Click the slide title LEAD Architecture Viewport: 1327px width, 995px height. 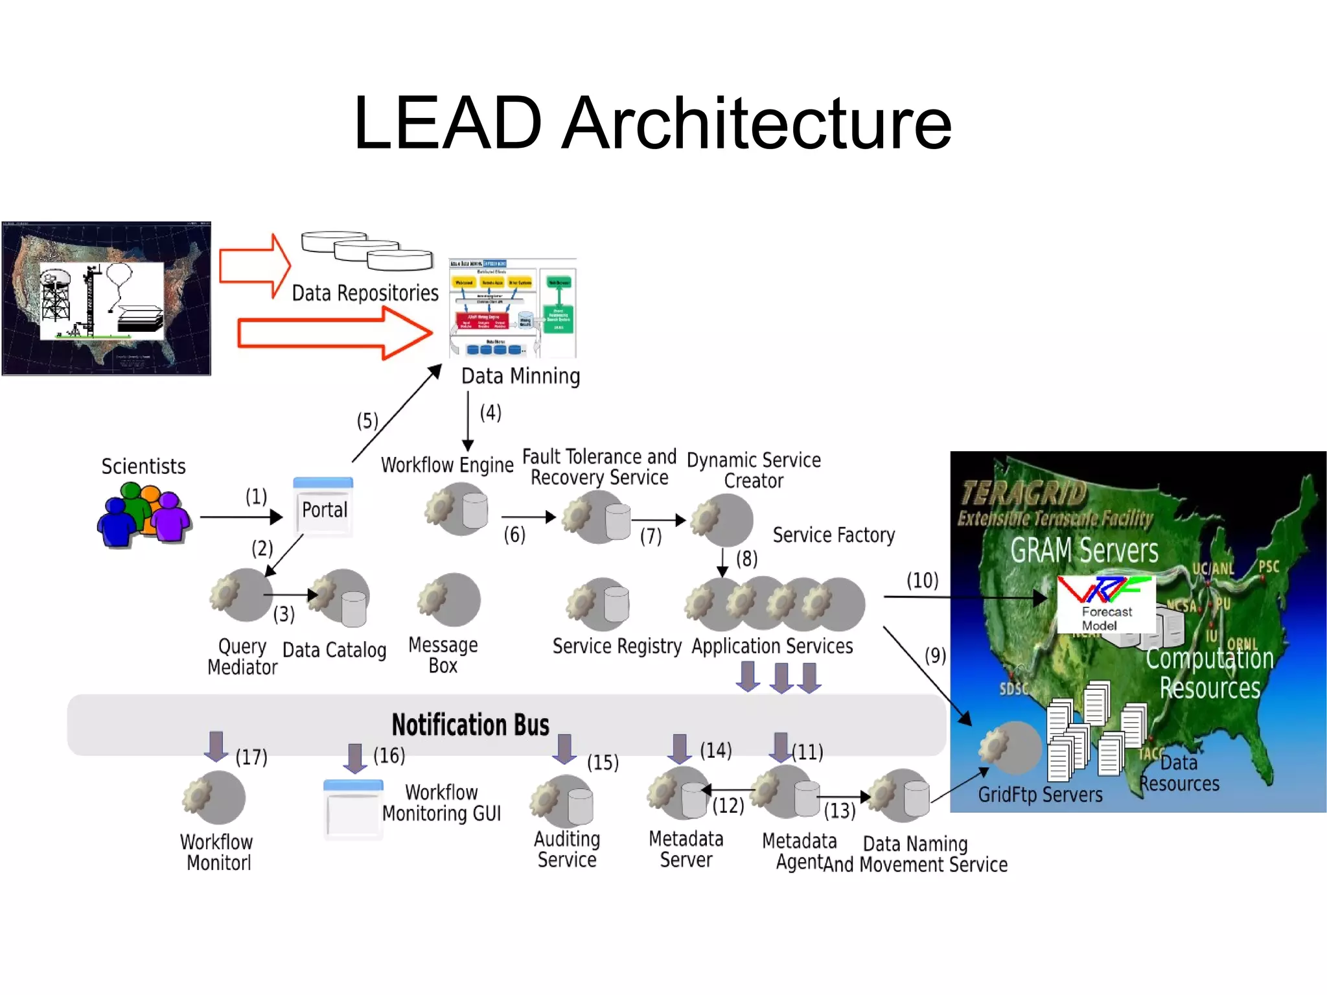click(x=652, y=123)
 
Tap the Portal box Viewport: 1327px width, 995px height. click(x=323, y=509)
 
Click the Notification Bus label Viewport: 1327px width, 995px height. click(x=470, y=725)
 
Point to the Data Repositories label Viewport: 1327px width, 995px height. click(x=365, y=293)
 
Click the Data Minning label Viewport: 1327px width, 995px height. click(x=520, y=376)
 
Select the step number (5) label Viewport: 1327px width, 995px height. click(x=367, y=421)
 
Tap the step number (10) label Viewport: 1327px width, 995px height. click(x=922, y=580)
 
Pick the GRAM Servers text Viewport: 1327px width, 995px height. click(x=1084, y=550)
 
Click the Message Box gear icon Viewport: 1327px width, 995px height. click(x=448, y=599)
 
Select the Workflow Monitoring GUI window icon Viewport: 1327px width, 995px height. click(x=353, y=810)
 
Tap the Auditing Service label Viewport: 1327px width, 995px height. click(x=567, y=849)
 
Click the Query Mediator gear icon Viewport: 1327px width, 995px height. click(x=240, y=594)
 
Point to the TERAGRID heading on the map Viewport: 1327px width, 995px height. click(x=1024, y=493)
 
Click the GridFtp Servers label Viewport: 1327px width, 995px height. click(x=1040, y=795)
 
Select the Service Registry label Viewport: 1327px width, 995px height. click(x=617, y=646)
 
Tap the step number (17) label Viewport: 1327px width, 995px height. click(x=251, y=756)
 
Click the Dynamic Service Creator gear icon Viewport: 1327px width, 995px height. click(x=721, y=519)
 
